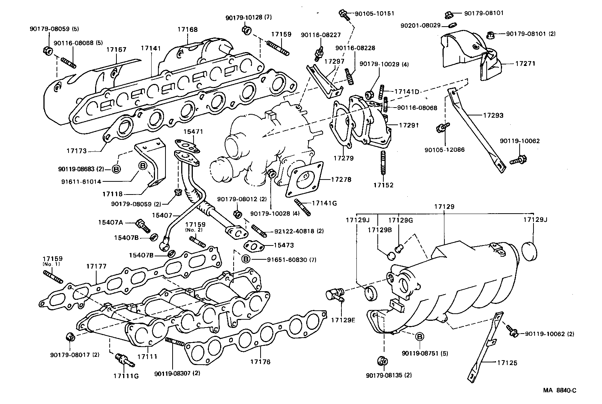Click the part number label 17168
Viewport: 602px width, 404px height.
pyautogui.click(x=188, y=30)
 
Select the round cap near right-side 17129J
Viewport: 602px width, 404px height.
pyautogui.click(x=529, y=250)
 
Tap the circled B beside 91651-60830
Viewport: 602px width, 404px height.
pyautogui.click(x=246, y=259)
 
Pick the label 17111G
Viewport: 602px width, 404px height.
pyautogui.click(x=126, y=375)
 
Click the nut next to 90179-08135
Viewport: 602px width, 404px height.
pyautogui.click(x=382, y=362)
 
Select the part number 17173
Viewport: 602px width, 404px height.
pyautogui.click(x=77, y=151)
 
